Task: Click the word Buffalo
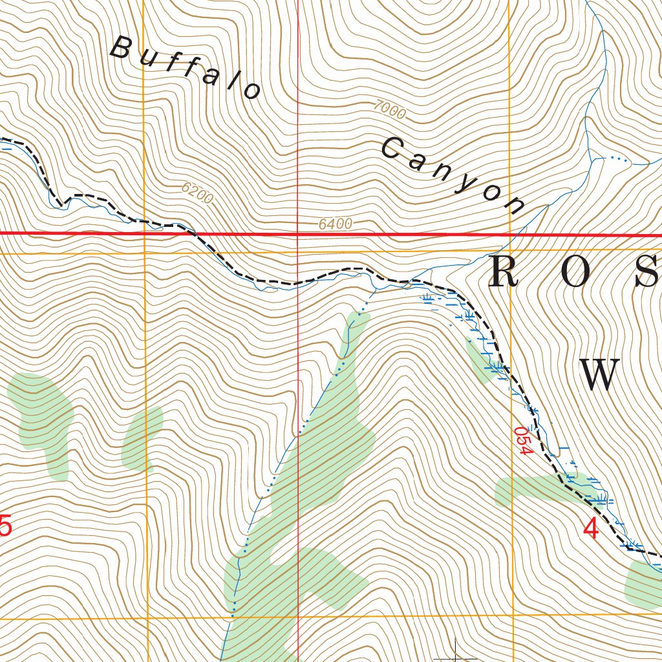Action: [186, 68]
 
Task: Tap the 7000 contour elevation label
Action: [390, 111]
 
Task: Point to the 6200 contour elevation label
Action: [197, 193]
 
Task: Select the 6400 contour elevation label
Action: [336, 224]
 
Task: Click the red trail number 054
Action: [523, 440]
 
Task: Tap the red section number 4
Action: [590, 529]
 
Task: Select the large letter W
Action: [599, 375]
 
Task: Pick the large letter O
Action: [576, 272]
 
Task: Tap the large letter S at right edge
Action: [646, 272]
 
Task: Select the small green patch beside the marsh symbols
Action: [480, 359]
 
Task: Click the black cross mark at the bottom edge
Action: [456, 654]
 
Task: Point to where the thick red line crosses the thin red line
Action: [298, 233]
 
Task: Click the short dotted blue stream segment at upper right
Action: [619, 158]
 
